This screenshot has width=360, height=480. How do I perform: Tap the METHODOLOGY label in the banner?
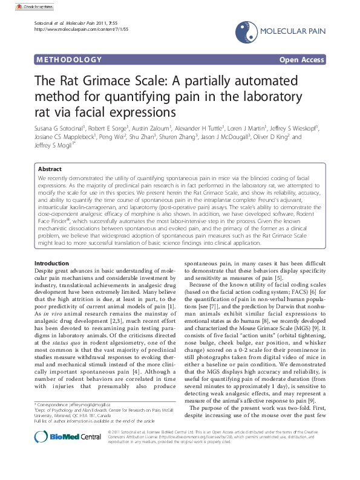pos(69,60)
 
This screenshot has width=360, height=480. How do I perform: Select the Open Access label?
pos(302,60)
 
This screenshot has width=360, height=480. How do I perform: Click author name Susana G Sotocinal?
pos(60,128)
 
